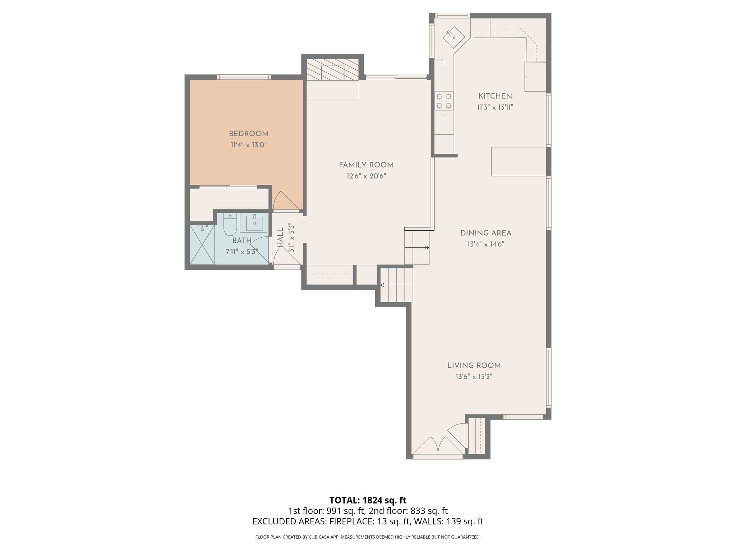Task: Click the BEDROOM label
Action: pyautogui.click(x=249, y=134)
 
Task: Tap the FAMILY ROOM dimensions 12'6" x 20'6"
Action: pyautogui.click(x=366, y=176)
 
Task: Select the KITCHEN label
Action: pyautogui.click(x=495, y=96)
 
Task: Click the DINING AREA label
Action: pyautogui.click(x=486, y=233)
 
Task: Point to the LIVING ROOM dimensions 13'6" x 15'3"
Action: pyautogui.click(x=474, y=377)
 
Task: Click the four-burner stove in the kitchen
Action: pyautogui.click(x=444, y=101)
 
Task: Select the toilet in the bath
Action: pyautogui.click(x=230, y=224)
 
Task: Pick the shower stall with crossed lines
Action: pyautogui.click(x=202, y=245)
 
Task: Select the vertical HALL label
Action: pyautogui.click(x=280, y=238)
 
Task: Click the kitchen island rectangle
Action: pyautogui.click(x=518, y=161)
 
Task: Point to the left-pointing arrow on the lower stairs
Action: pyautogui.click(x=382, y=285)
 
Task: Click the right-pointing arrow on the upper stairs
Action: pyautogui.click(x=427, y=248)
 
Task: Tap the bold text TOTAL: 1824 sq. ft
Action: pyautogui.click(x=368, y=500)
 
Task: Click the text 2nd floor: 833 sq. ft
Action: pyautogui.click(x=408, y=511)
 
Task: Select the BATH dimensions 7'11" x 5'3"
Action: pyautogui.click(x=241, y=252)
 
